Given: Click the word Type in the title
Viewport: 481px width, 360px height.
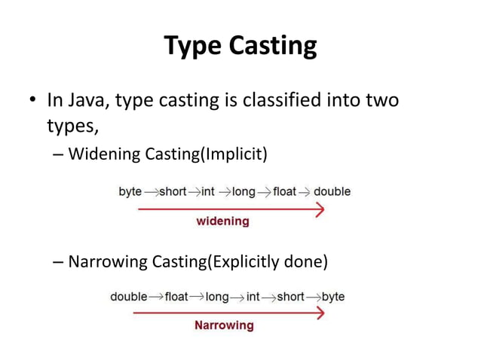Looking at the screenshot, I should coord(191,47).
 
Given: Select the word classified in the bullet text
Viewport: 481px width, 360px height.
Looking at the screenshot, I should coord(277,100).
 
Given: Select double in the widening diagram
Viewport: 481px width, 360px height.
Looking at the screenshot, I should coord(332,192).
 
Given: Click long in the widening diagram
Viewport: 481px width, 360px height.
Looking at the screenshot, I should coord(244,192).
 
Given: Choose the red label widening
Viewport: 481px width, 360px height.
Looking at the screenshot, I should coord(222,221).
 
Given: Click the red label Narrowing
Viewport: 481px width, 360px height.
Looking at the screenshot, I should coord(224,325).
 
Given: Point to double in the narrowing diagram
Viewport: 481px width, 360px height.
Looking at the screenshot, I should coord(129,297).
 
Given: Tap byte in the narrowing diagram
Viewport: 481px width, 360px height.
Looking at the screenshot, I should coord(333,297).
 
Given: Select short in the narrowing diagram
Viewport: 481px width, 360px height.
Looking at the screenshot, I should coord(290,297).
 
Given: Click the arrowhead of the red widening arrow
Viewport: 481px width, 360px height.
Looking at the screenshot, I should coord(320,209).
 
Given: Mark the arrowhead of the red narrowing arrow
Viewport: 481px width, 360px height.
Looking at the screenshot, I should coord(320,313).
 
